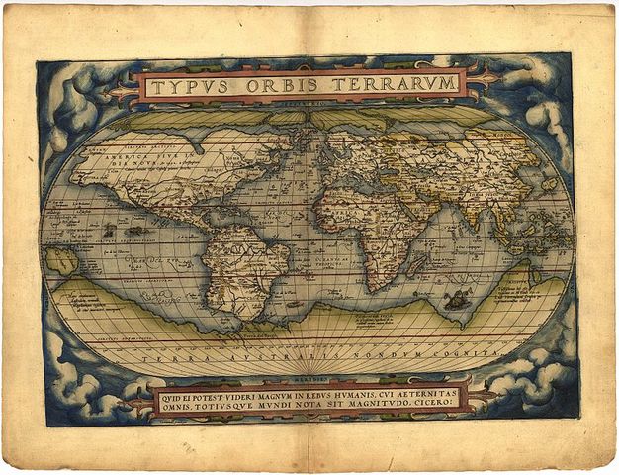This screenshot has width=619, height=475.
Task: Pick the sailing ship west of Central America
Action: [106, 230]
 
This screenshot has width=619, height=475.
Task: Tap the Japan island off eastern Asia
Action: [548, 184]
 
